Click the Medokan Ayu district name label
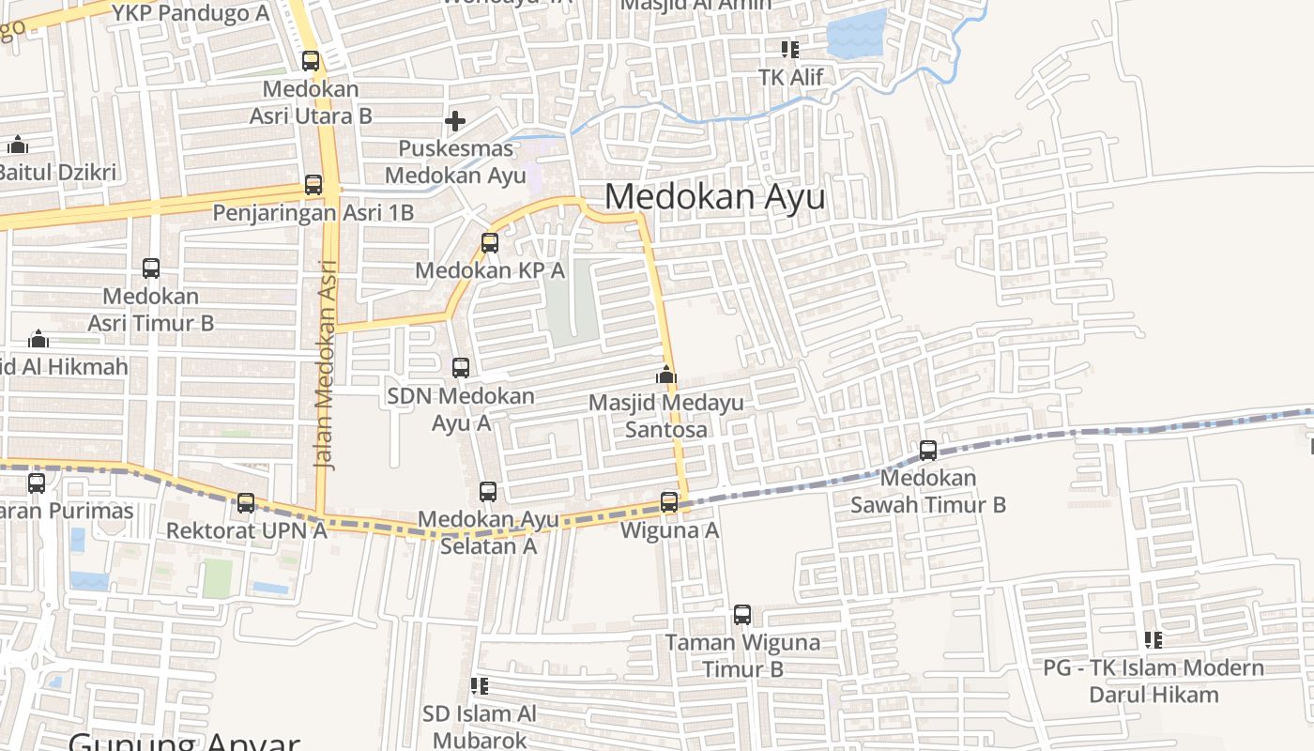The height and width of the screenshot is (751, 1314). (715, 197)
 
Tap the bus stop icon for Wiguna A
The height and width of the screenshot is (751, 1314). (669, 502)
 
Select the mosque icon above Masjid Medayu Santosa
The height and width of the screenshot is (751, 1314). (666, 375)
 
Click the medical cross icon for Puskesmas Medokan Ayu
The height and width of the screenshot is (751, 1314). (455, 121)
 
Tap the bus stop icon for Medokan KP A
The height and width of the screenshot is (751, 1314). (490, 243)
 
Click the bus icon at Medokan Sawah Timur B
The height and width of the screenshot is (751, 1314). (928, 451)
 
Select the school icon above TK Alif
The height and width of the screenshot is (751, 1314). (790, 49)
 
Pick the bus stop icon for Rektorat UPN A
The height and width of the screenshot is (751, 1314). (246, 503)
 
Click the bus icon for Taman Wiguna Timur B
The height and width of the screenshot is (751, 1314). (742, 616)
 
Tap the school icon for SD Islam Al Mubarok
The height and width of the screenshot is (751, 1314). (480, 686)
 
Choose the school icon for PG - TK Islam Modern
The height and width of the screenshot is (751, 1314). (1154, 640)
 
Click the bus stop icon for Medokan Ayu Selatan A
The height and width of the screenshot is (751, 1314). (488, 492)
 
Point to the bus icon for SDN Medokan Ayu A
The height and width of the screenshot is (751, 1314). (461, 368)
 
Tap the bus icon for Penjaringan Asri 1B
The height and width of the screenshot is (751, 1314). (313, 185)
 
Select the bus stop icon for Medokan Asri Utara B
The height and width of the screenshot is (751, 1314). (311, 61)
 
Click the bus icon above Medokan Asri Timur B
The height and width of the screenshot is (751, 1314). (151, 268)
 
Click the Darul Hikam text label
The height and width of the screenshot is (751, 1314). (1154, 696)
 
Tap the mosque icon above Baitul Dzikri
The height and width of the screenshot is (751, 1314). (18, 146)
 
